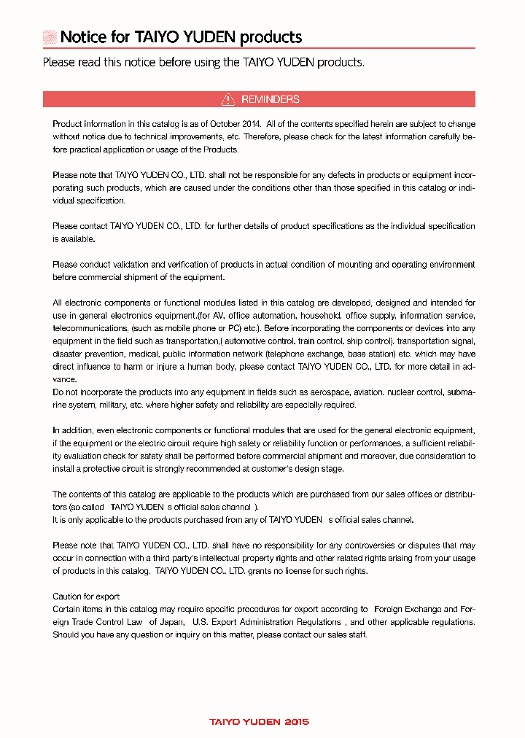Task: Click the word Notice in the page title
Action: tap(83, 37)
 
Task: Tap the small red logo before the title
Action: tap(50, 37)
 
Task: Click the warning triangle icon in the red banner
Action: tap(228, 99)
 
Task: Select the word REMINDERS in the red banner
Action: tap(270, 99)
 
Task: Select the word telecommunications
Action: tap(90, 328)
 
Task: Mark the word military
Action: tap(119, 405)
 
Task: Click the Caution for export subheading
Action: tap(86, 597)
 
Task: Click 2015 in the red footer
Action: tap(296, 722)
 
